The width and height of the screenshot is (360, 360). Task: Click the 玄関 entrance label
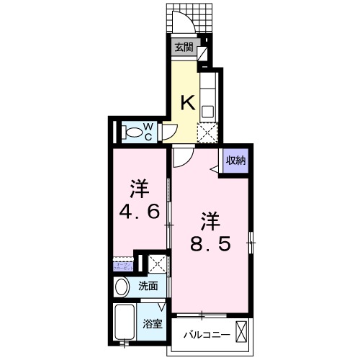pos(184,48)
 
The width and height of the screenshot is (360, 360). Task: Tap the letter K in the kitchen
pos(186,102)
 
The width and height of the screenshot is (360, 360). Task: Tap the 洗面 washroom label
pos(148,286)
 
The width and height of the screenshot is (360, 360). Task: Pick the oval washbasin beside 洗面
pos(122,286)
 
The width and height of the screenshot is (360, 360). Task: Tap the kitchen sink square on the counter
pos(207,112)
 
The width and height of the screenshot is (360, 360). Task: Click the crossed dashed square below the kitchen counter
pos(207,132)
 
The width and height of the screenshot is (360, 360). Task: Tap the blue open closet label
pos(122,266)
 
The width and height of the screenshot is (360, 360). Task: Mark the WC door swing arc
pos(169,131)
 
